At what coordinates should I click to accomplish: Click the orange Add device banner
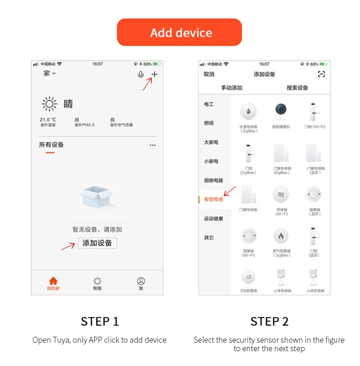click(180, 32)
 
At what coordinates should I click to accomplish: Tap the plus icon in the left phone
click(154, 75)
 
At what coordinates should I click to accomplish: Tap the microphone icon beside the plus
click(140, 75)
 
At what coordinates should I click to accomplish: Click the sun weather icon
click(49, 104)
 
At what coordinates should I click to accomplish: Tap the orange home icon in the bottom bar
click(53, 281)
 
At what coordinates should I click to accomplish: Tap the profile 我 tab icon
click(141, 281)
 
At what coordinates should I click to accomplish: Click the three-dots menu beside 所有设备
click(153, 145)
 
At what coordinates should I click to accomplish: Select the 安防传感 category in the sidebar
click(214, 199)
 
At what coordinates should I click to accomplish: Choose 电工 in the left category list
click(209, 104)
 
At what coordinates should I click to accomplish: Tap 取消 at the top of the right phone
click(209, 74)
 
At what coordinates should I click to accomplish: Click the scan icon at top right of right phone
click(321, 74)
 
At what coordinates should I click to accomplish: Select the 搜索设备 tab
click(297, 88)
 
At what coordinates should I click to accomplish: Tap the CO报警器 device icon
click(248, 277)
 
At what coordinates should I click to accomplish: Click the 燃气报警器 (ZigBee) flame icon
click(281, 236)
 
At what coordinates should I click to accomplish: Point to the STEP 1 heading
click(100, 321)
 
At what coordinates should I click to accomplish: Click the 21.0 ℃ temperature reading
click(48, 120)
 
